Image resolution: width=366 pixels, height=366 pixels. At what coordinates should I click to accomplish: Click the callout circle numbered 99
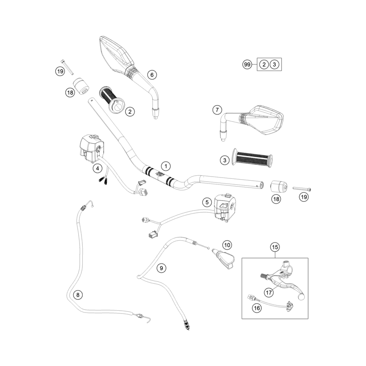click(247, 64)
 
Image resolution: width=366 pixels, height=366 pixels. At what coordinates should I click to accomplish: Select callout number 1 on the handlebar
click(166, 166)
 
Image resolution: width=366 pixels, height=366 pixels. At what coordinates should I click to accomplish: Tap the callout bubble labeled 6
click(152, 75)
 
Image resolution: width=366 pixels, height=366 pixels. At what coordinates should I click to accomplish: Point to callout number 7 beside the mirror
click(217, 110)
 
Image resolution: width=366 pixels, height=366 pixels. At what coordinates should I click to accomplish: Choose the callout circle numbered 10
click(227, 245)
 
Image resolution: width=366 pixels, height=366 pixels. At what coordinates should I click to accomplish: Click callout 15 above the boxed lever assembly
click(275, 247)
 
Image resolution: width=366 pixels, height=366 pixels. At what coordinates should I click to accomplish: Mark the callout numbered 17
click(269, 292)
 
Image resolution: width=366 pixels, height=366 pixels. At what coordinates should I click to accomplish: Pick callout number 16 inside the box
click(257, 308)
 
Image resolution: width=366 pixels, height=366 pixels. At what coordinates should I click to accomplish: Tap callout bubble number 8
click(78, 295)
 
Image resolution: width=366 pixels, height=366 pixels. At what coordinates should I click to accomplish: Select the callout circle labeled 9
click(161, 268)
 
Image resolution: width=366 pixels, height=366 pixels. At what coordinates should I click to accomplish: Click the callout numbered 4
click(97, 168)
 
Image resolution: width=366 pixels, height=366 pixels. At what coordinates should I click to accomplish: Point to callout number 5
click(207, 202)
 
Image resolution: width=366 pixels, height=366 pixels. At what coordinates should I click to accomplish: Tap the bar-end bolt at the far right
click(302, 188)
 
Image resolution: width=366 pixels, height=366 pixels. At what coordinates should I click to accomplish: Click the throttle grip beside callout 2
click(113, 100)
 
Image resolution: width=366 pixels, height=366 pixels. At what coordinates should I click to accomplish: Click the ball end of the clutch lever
click(301, 296)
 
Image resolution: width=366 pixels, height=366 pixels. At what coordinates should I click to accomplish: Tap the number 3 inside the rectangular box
click(274, 64)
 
